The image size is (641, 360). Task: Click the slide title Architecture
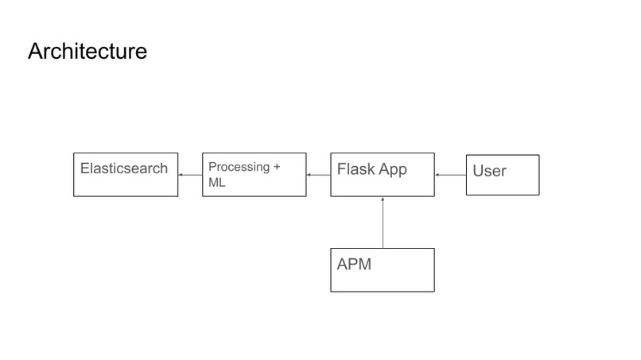click(87, 52)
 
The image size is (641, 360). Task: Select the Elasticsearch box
click(126, 175)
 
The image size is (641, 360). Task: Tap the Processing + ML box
click(254, 175)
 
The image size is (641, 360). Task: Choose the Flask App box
click(383, 175)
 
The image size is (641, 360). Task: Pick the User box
click(503, 175)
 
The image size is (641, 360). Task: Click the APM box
click(383, 270)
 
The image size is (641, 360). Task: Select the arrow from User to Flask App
click(450, 175)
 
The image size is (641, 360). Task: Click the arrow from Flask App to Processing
click(318, 175)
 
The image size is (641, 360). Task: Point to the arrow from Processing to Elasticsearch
click(190, 175)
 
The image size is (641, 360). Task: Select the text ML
click(216, 183)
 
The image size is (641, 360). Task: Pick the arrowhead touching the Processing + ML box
click(309, 175)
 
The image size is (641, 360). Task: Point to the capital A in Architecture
click(35, 52)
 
